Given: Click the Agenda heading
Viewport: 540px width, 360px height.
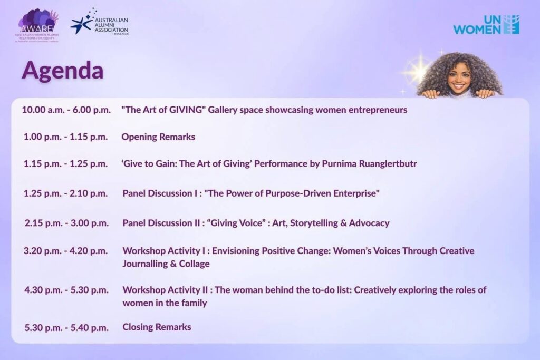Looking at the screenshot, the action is [x=62, y=70].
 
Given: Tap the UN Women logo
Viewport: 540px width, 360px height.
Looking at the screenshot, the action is [x=486, y=24].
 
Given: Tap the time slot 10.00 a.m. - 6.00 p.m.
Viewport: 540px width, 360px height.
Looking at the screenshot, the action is [x=66, y=110].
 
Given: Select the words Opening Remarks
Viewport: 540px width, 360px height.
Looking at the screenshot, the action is [x=158, y=137].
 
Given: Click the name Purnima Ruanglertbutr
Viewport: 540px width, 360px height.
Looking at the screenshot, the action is [x=369, y=163].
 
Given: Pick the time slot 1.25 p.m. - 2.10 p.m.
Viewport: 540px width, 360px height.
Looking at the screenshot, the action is [x=65, y=193].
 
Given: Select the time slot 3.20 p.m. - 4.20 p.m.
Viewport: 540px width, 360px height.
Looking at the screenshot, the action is [x=65, y=251].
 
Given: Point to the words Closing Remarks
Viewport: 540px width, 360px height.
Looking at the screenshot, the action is [x=157, y=327].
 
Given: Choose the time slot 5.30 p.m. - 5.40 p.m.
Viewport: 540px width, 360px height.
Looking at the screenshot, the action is [x=66, y=328].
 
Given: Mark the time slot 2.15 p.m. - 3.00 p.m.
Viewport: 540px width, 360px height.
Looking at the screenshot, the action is [x=66, y=223].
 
